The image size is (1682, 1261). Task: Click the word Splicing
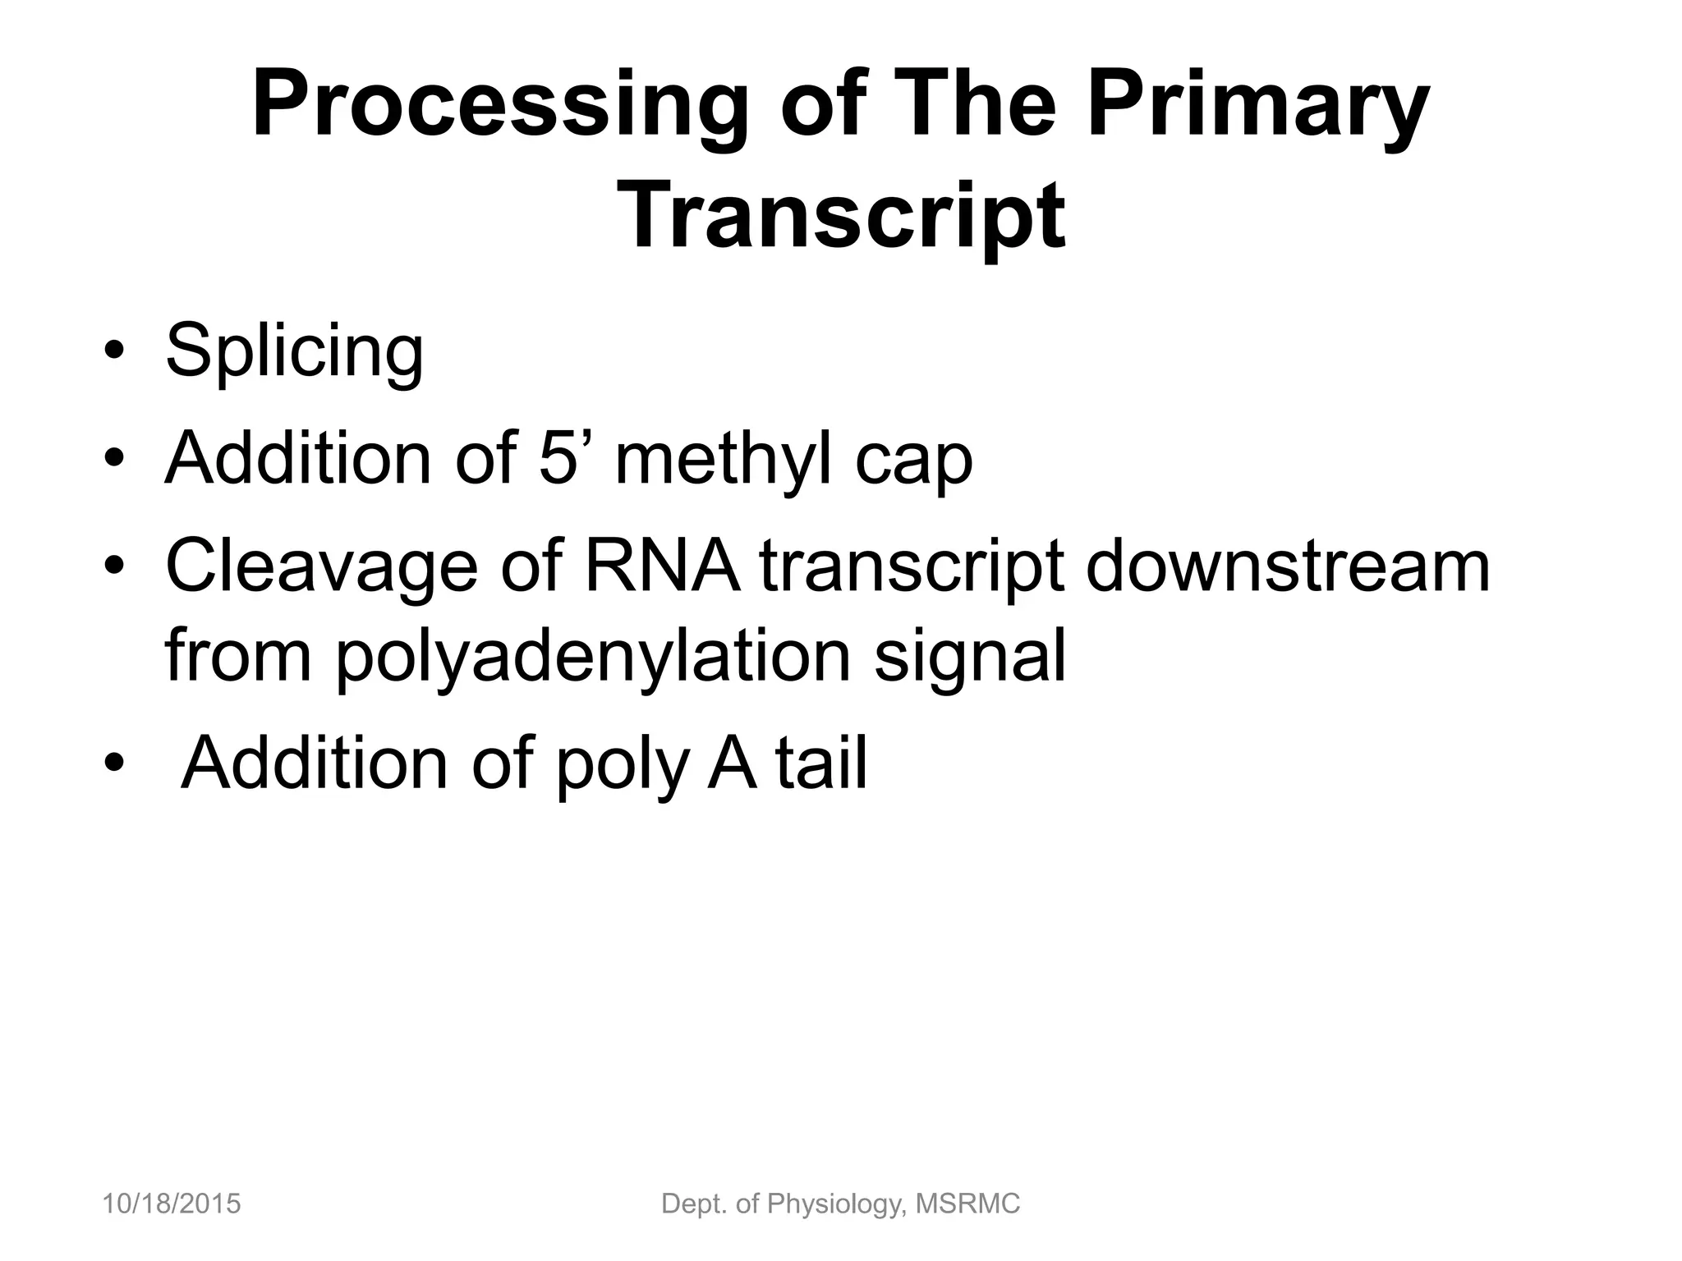tap(295, 352)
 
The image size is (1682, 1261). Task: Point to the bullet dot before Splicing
tap(114, 353)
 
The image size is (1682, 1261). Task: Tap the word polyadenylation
tap(593, 657)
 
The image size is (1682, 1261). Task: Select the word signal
tap(969, 657)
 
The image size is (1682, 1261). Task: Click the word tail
tap(821, 763)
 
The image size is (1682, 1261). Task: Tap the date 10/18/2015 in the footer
tap(172, 1204)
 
